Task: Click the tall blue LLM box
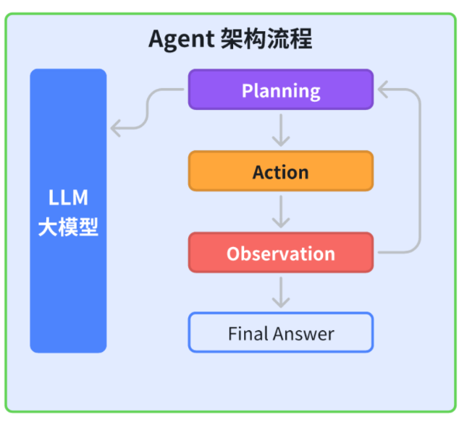coord(68,289)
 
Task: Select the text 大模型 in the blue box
coord(68,228)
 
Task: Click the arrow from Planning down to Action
coord(281,131)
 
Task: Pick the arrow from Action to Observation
coord(281,212)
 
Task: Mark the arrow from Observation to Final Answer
coord(281,293)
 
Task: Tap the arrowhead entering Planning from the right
coord(382,90)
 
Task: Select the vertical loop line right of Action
coord(419,171)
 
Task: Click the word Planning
coord(281,90)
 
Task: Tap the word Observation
coord(281,254)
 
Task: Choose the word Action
coord(281,172)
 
